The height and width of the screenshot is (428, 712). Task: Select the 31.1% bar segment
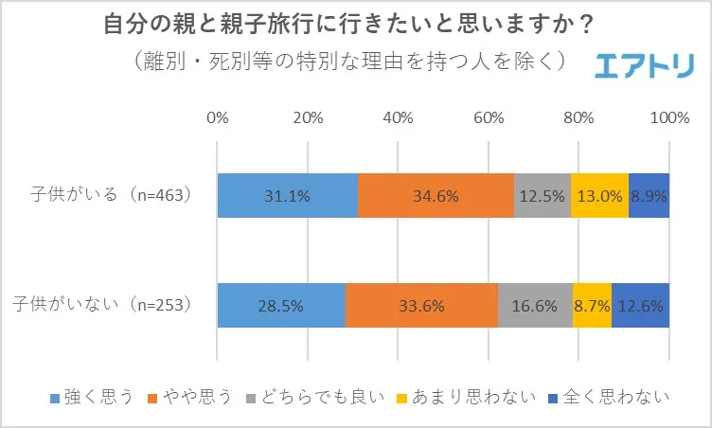click(288, 196)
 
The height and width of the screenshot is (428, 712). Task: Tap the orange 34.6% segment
click(436, 196)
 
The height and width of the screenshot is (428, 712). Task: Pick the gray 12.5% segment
click(543, 196)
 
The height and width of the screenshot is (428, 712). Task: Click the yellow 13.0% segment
click(599, 196)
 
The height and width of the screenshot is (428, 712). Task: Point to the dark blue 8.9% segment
click(649, 196)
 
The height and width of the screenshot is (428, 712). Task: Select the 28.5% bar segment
click(281, 306)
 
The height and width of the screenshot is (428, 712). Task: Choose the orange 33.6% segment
click(421, 306)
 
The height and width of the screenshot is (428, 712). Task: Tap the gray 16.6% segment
click(535, 306)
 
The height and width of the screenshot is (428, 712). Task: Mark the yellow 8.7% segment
click(592, 306)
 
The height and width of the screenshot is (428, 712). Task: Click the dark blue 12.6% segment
click(640, 306)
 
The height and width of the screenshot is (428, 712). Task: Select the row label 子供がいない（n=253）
click(104, 305)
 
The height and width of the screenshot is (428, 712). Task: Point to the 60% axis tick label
click(489, 118)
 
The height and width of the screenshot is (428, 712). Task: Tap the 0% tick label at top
click(218, 118)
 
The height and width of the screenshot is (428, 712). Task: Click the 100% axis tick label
click(670, 118)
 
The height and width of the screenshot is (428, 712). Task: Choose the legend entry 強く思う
click(90, 396)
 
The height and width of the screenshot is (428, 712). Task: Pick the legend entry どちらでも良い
click(312, 396)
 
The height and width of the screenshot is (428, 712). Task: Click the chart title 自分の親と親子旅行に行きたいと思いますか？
click(355, 26)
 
